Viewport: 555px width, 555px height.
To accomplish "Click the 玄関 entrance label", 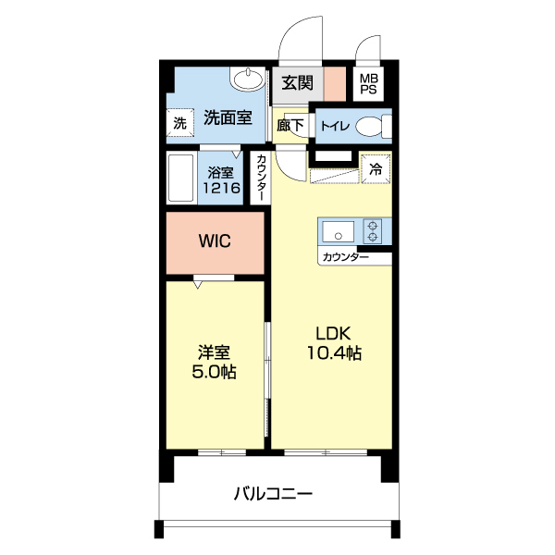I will click(298, 83).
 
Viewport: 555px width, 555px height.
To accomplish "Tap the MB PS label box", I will click(368, 85).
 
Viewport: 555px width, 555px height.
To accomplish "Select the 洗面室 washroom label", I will click(227, 118).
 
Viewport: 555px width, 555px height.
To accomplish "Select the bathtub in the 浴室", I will click(180, 179).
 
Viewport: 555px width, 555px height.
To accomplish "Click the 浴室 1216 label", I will click(222, 179).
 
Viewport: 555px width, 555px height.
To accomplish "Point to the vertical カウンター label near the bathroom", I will click(262, 178).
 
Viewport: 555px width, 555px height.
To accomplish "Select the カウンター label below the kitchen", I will click(345, 257).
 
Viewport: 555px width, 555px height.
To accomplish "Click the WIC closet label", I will click(215, 241).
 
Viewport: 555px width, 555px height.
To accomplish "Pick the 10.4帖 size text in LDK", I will click(334, 352).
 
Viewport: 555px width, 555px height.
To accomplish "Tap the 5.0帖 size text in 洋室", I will click(214, 372).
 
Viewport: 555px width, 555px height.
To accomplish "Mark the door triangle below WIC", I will click(199, 283).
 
